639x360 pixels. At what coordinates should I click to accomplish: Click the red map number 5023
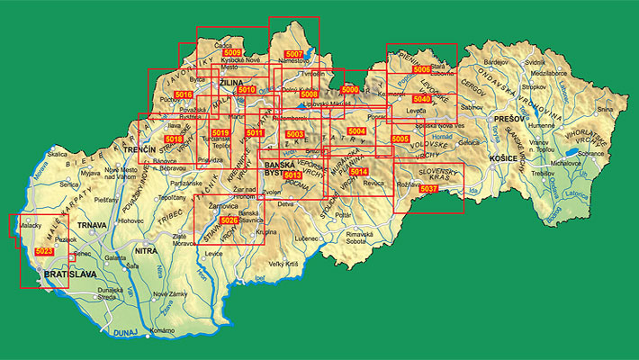[44, 252]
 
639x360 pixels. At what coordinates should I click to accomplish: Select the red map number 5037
[429, 188]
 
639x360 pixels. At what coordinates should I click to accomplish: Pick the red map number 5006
[421, 69]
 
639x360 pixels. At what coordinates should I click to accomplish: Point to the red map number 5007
[293, 55]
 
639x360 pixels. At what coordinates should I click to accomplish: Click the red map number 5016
[184, 94]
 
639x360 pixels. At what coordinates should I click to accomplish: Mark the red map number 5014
[359, 171]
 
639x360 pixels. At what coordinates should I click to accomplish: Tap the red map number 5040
[421, 99]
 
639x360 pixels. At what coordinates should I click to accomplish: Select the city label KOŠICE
[499, 157]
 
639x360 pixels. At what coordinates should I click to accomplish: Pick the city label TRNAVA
[94, 224]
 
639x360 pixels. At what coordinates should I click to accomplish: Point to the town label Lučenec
[307, 238]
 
